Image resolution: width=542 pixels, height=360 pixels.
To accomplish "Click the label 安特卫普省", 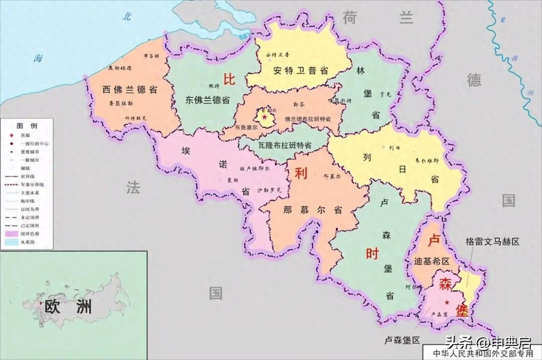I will tap(301, 71).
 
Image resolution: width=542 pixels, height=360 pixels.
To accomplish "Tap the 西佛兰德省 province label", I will tap(130, 90).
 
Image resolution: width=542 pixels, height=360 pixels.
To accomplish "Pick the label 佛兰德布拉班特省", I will tap(307, 119).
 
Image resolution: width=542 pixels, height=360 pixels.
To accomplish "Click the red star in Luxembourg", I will tap(447, 302).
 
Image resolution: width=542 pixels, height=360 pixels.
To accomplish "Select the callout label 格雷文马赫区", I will tap(492, 242).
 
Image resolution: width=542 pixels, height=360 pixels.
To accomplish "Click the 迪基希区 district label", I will tap(432, 261).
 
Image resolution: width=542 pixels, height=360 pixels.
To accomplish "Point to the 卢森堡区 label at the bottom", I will tap(399, 340).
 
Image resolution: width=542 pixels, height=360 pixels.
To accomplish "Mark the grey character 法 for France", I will tap(133, 187).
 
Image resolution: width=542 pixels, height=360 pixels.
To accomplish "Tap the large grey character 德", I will tap(474, 79).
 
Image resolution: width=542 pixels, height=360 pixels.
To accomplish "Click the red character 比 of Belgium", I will tap(229, 79).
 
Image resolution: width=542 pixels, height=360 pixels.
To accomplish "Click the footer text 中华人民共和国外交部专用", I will tap(483, 353).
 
